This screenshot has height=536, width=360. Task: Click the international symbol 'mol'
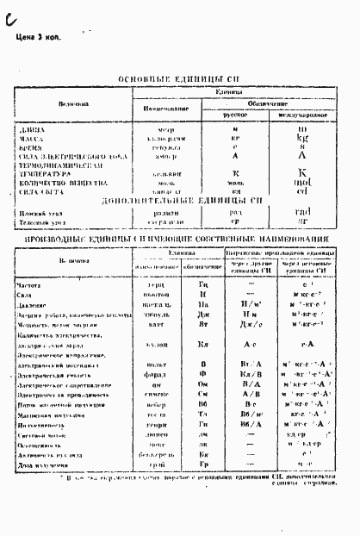[x=302, y=183]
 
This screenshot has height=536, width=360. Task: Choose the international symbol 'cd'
[x=301, y=191]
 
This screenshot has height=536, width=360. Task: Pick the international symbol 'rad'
[x=302, y=211]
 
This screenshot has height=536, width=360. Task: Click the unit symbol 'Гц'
[x=203, y=283]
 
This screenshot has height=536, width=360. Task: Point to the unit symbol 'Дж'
[x=203, y=316]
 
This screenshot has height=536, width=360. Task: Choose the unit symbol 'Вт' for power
[x=203, y=328]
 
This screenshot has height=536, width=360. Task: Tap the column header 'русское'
[x=234, y=114]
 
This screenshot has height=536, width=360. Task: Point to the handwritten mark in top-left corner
[x=9, y=12]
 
